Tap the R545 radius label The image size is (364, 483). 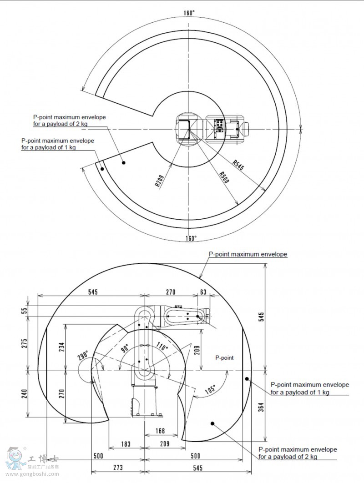[x=238, y=164]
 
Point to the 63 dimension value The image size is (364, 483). [x=203, y=292]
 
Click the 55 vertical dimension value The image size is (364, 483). [x=25, y=311]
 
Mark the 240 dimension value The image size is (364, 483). [x=25, y=392]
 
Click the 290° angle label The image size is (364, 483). [x=83, y=356]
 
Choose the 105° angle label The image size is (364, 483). [x=210, y=389]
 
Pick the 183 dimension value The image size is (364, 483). [x=126, y=444]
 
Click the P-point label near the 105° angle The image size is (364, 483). [x=224, y=358]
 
